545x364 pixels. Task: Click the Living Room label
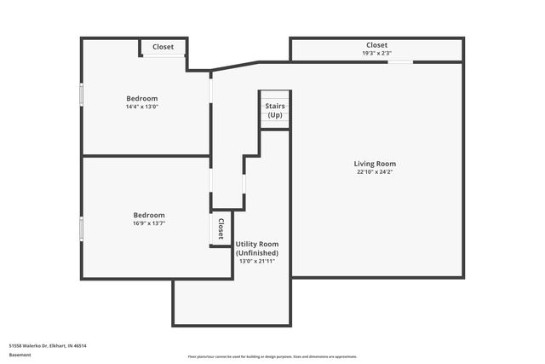[375, 164]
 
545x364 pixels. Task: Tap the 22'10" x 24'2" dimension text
[375, 172]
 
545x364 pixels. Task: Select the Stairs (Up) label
[275, 111]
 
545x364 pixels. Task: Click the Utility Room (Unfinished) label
[256, 249]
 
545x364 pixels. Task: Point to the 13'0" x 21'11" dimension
[256, 262]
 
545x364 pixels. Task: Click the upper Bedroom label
[142, 98]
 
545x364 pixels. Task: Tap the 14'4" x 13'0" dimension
[142, 107]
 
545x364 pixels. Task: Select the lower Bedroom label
[149, 215]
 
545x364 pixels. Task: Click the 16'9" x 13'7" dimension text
[149, 223]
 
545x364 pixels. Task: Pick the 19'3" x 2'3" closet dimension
[376, 54]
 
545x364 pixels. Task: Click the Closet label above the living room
[376, 45]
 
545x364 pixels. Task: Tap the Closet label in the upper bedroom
[163, 47]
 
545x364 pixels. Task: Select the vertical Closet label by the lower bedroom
[221, 228]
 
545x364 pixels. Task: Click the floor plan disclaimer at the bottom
[272, 356]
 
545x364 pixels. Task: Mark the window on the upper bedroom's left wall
[82, 94]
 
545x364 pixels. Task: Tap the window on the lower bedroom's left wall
[82, 228]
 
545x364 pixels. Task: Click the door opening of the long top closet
[401, 61]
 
